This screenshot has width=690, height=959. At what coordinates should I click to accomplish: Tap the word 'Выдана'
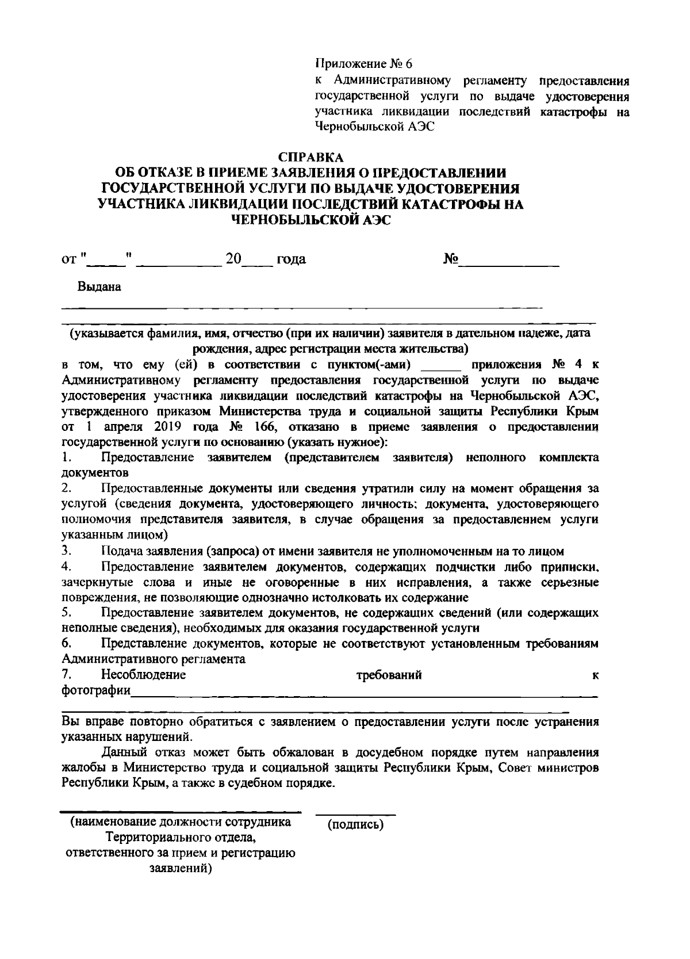[x=99, y=286]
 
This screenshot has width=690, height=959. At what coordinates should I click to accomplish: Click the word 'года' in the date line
[x=291, y=259]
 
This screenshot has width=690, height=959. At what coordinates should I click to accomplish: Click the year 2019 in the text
[x=169, y=427]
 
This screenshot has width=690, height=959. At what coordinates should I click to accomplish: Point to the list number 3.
[x=66, y=551]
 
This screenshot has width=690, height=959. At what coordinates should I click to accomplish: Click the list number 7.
[x=66, y=675]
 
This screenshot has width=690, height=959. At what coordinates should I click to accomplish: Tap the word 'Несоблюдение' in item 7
[x=143, y=675]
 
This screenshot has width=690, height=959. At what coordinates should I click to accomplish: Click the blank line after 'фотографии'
[x=364, y=696]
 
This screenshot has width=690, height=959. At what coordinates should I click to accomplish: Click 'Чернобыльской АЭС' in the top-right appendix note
[x=374, y=127]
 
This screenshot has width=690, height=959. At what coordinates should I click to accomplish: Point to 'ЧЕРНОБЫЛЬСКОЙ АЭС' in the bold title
[x=310, y=219]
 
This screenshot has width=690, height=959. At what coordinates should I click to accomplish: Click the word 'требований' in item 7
[x=389, y=675]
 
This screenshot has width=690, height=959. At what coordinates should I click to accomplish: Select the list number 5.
[x=66, y=613]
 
